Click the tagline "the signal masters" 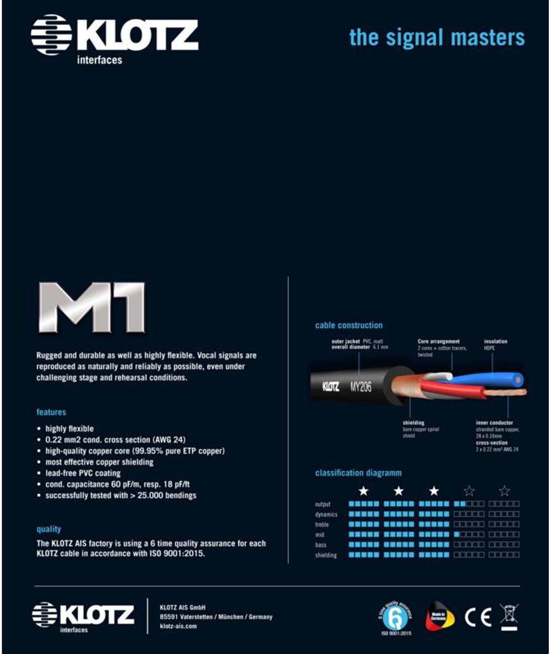pos(437,38)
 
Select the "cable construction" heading pos(349,325)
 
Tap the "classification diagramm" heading pos(358,473)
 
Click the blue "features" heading pos(51,412)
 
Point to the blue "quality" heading pos(49,529)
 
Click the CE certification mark pos(478,616)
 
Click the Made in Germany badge pos(440,616)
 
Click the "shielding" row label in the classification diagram pos(326,555)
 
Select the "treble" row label pos(322,525)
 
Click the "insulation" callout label pos(495,342)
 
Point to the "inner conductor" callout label pos(494,423)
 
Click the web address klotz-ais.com pos(178,627)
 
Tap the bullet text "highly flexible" pos(69,429)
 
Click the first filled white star pos(364,492)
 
